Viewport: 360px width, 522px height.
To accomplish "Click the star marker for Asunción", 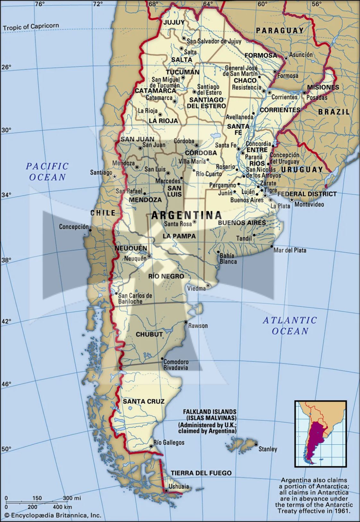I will click(x=286, y=58).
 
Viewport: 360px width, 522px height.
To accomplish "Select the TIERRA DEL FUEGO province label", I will click(x=201, y=473).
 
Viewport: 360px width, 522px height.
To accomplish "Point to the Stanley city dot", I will click(x=256, y=444).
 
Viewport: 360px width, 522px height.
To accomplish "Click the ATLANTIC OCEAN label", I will click(x=290, y=325).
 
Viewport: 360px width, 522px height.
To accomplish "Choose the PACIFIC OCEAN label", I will click(x=47, y=172).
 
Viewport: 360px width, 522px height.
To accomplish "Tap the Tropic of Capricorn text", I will click(x=31, y=27).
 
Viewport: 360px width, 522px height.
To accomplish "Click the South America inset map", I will click(x=321, y=433).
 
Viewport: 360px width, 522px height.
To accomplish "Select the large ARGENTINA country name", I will click(x=186, y=215).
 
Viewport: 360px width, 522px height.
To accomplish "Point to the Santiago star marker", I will click(x=115, y=176).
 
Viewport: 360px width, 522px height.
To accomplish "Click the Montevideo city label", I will click(x=309, y=204).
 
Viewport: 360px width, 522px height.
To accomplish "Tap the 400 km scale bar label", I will click(x=62, y=507).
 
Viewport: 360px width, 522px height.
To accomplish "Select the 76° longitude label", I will click(x=40, y=4).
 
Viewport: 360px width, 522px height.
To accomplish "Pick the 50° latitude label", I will click(x=6, y=449).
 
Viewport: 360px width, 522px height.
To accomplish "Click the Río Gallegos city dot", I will click(x=151, y=446).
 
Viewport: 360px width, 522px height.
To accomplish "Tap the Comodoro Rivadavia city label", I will click(x=176, y=365).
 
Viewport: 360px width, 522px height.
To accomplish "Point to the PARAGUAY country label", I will click(x=279, y=30).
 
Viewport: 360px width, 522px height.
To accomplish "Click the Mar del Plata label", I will click(x=290, y=250).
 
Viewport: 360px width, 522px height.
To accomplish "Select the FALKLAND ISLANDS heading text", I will click(x=210, y=412).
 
